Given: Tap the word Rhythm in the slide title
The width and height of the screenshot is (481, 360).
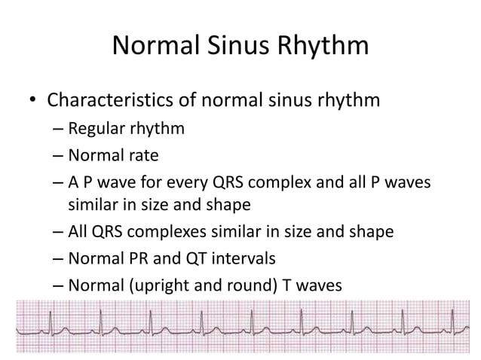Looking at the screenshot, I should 326,47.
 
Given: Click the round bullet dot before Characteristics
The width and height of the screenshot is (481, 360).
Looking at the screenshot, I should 32,100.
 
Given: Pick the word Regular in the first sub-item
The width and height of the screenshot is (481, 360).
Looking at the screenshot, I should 97,129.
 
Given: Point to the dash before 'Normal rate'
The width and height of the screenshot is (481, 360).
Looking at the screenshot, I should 59,157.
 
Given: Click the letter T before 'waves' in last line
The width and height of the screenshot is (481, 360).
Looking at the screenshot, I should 286,285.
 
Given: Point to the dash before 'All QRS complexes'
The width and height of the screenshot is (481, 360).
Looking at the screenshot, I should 59,232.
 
